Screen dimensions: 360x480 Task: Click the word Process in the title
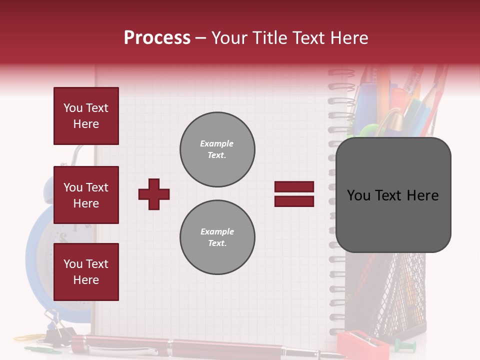157,38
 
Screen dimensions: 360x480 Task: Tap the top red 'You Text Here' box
86,116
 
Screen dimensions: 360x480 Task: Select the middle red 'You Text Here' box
86,195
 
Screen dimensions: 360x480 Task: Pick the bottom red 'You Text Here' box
86,272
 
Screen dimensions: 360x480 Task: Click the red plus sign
154,194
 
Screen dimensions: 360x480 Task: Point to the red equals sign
294,194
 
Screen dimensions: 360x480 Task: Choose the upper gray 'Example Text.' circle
217,149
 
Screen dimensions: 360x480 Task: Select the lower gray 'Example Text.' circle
217,237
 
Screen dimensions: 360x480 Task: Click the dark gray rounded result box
393,195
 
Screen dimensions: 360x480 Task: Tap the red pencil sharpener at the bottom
356,345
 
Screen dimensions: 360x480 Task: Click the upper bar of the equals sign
294,187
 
